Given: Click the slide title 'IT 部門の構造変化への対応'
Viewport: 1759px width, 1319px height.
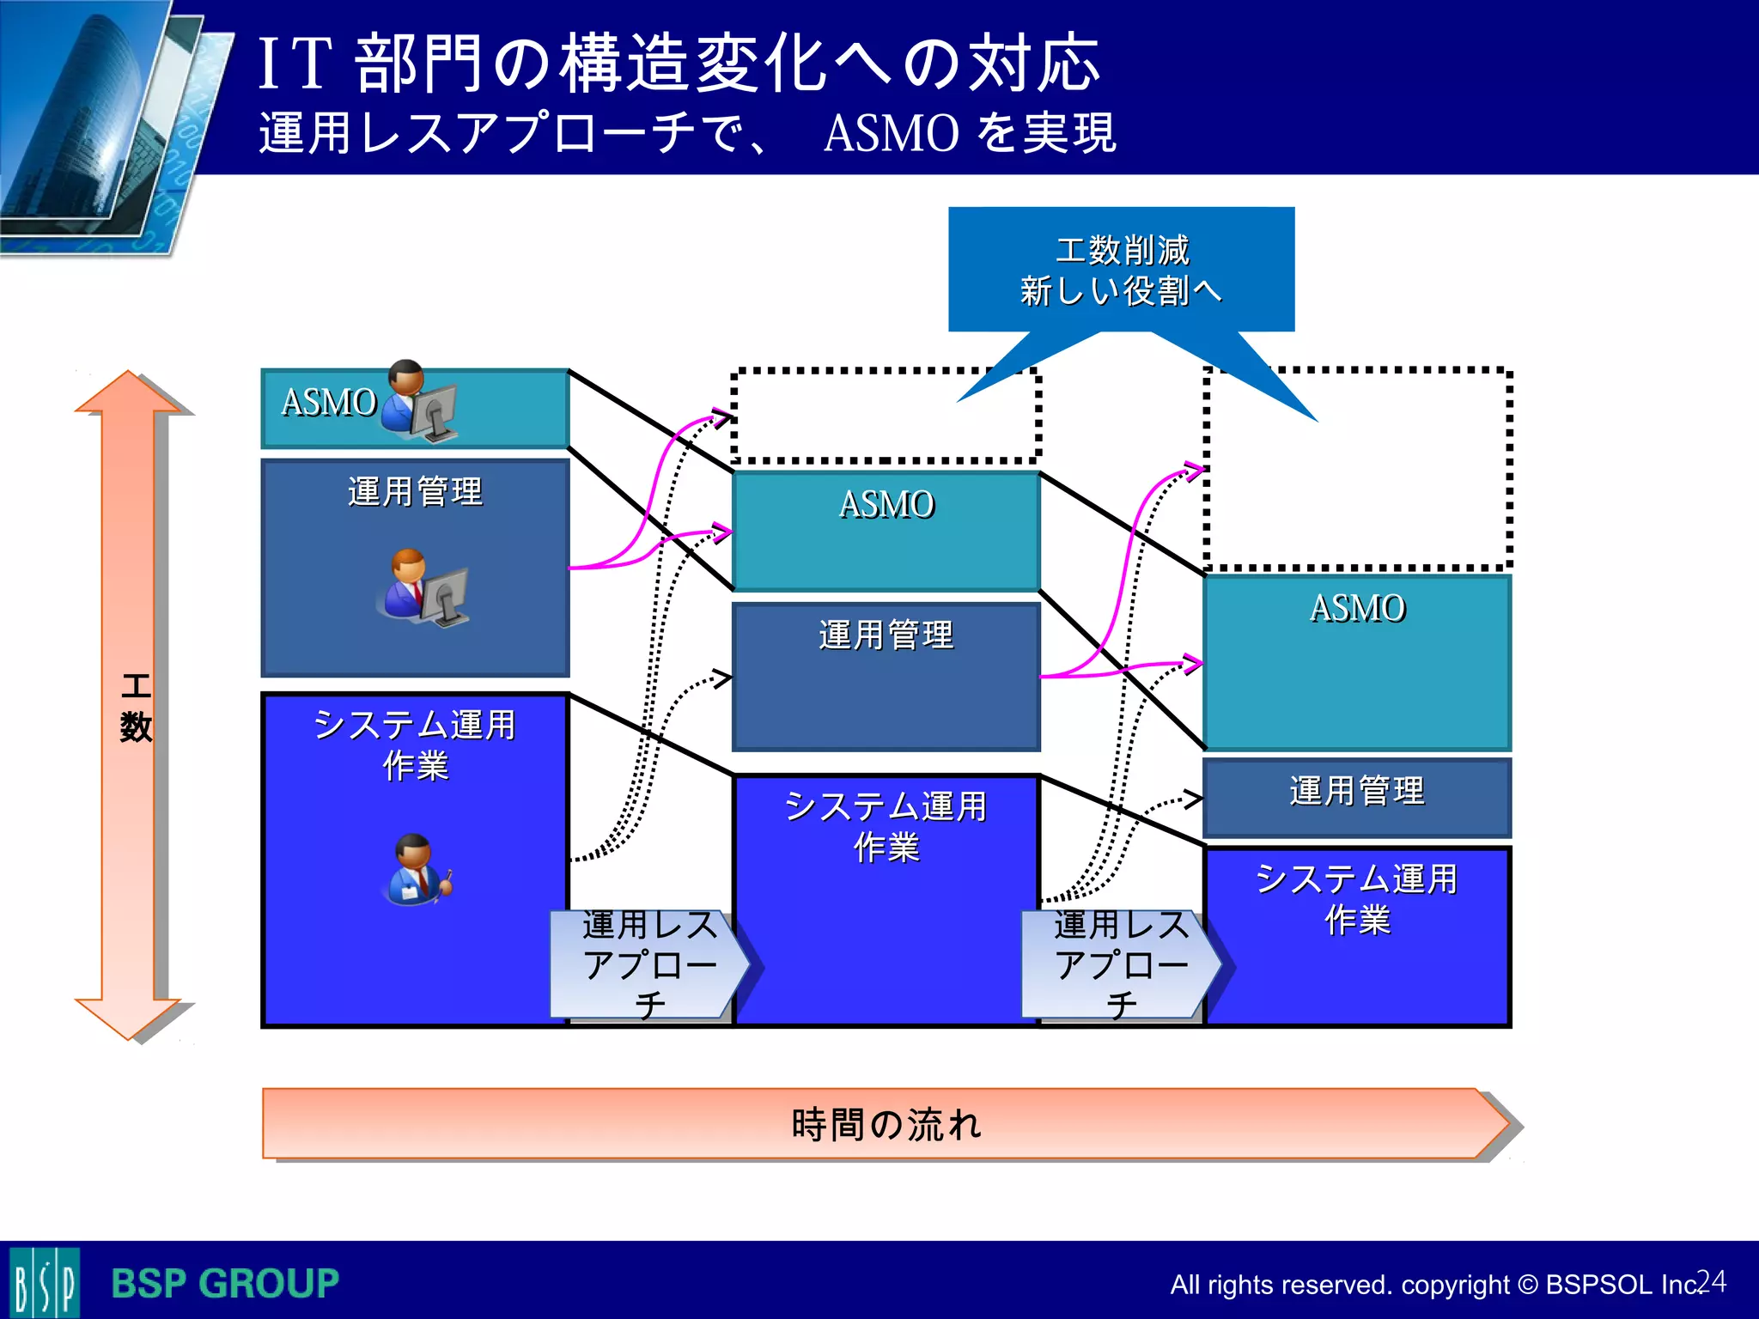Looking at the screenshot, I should pyautogui.click(x=679, y=64).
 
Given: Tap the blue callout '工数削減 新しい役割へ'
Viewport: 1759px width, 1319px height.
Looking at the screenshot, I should pyautogui.click(x=1121, y=270).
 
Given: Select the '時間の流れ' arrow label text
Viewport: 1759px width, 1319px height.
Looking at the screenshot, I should pyautogui.click(x=886, y=1124).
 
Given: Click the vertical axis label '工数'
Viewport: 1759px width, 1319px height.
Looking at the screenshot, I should pyautogui.click(x=136, y=707).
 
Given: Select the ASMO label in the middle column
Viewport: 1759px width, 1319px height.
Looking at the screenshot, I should pyautogui.click(x=886, y=505).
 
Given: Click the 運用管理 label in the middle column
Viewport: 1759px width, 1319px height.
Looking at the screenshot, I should pyautogui.click(x=886, y=635).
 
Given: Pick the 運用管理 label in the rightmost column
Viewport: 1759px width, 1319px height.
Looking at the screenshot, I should pyautogui.click(x=1357, y=791).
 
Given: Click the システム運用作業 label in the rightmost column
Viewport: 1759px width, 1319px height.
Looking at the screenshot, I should pyautogui.click(x=1357, y=899).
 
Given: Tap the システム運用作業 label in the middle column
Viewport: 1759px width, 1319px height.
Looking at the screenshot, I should pyautogui.click(x=886, y=826).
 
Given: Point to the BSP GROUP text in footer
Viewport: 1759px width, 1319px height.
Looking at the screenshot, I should pyautogui.click(x=225, y=1284).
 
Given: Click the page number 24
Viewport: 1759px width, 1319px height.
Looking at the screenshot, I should pyautogui.click(x=1711, y=1281).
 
